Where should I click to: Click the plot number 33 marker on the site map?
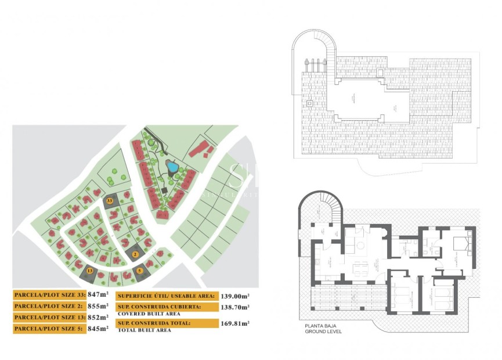(110, 200)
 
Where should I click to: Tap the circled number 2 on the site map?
(135, 254)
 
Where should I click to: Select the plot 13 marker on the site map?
(89, 271)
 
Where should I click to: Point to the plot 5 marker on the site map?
(140, 270)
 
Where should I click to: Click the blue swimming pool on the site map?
(172, 167)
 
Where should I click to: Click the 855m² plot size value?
(98, 305)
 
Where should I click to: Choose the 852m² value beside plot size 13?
(98, 317)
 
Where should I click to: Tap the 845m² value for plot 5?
(98, 328)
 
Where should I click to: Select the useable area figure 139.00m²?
(235, 295)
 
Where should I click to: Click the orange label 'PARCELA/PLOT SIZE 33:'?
(49, 294)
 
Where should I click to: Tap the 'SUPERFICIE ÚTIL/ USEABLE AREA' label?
(167, 295)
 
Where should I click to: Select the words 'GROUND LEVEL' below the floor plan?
(324, 332)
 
